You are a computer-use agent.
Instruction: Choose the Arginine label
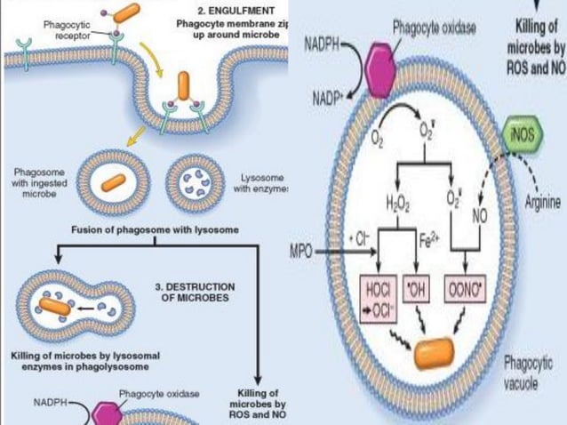[542, 203]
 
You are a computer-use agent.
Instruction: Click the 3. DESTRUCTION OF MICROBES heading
[195, 293]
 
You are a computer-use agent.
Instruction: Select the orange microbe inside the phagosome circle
[112, 182]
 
